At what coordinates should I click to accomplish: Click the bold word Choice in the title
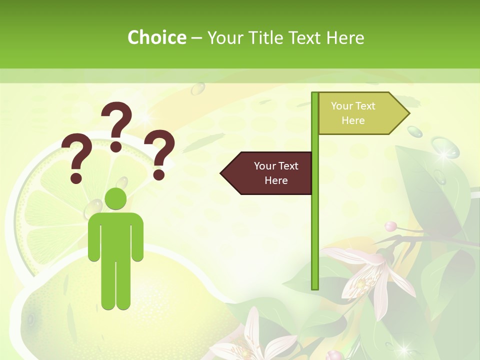(x=156, y=37)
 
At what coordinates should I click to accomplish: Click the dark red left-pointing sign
(x=267, y=173)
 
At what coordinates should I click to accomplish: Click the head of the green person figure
(x=115, y=199)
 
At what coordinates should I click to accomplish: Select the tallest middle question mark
(x=117, y=126)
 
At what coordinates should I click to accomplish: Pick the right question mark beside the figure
(x=160, y=153)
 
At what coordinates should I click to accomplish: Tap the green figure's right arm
(x=136, y=237)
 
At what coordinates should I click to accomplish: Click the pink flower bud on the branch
(x=390, y=226)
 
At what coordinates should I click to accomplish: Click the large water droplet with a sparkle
(x=445, y=148)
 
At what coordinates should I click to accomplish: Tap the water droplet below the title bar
(x=198, y=88)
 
